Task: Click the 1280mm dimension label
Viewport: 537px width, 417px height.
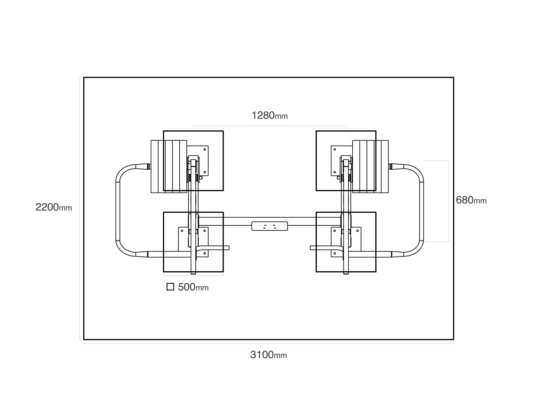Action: tap(269, 116)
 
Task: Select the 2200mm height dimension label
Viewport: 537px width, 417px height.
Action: tap(53, 207)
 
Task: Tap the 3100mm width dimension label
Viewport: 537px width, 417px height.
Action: tap(268, 354)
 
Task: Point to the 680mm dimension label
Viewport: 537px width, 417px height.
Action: tap(471, 200)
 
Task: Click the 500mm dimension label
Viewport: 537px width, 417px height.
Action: tap(193, 287)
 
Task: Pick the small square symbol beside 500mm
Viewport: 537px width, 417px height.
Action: tap(170, 287)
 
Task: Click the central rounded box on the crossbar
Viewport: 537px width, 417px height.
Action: tap(270, 226)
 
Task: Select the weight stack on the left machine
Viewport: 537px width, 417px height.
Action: tap(169, 166)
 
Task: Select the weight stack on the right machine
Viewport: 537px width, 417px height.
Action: tap(370, 166)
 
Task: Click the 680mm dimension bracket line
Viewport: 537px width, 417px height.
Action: tap(448, 201)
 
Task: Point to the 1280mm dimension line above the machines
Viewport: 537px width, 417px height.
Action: tap(270, 126)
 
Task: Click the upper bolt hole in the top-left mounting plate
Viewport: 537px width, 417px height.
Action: tap(205, 149)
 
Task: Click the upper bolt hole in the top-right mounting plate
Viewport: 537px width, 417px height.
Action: tap(335, 149)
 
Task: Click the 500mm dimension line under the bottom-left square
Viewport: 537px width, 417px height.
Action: tap(193, 276)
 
